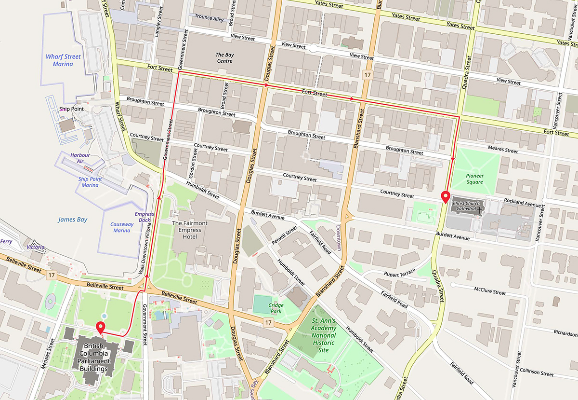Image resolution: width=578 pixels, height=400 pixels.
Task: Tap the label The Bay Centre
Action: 224,58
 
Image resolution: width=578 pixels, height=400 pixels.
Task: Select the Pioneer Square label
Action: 474,179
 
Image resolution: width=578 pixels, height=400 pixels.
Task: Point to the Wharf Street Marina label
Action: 63,60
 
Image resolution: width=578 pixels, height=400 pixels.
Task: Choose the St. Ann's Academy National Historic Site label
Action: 324,335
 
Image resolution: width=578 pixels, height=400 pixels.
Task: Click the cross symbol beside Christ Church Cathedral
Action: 480,210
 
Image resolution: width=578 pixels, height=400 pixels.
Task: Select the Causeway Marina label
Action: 122,227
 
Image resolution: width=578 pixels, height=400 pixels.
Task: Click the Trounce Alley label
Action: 210,18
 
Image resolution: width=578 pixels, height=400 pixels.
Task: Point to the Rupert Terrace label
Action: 399,274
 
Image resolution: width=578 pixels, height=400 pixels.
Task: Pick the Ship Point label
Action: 71,109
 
